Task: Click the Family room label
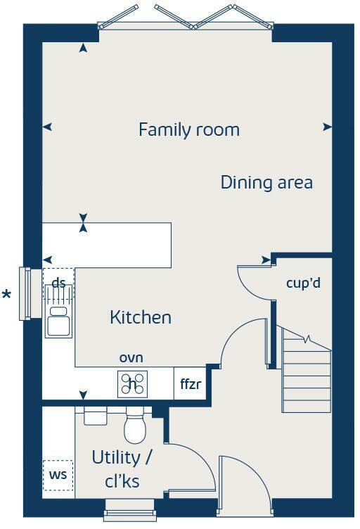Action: click(188, 130)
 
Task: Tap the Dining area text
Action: click(266, 182)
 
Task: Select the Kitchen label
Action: click(141, 317)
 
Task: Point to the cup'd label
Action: click(303, 283)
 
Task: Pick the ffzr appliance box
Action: click(191, 384)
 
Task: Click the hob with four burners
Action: click(133, 383)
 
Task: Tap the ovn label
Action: click(131, 358)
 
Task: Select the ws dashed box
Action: click(58, 474)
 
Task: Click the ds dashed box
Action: click(58, 283)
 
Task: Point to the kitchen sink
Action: click(58, 321)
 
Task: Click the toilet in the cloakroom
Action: click(134, 426)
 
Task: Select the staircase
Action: click(305, 373)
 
